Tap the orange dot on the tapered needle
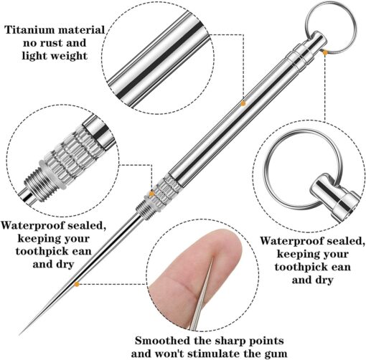pyautogui.click(x=77, y=284)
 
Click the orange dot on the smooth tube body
pyautogui.click(x=243, y=103)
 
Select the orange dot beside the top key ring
pyautogui.click(x=325, y=52)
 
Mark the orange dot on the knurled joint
pyautogui.click(x=151, y=194)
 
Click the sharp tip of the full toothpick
pyautogui.click(x=20, y=334)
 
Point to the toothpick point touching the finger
pyautogui.click(x=212, y=259)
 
